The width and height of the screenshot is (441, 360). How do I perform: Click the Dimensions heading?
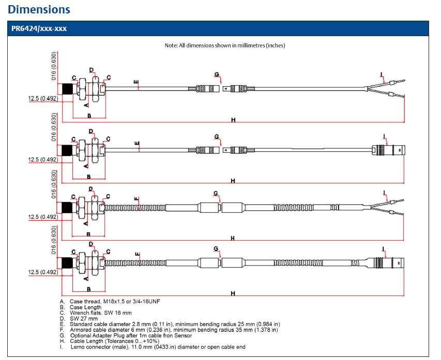click(39, 9)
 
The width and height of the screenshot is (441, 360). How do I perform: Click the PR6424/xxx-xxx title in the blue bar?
click(39, 28)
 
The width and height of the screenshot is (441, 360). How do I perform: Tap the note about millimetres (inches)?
click(225, 45)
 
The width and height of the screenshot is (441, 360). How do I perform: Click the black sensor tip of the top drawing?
click(67, 89)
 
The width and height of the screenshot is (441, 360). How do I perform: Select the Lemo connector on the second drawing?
click(388, 150)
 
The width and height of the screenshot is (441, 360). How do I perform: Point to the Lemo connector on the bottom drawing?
click(385, 263)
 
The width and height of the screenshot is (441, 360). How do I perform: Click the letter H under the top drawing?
click(233, 120)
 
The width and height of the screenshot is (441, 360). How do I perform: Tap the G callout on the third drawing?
click(216, 193)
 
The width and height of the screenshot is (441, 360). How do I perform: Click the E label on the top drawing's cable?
click(136, 82)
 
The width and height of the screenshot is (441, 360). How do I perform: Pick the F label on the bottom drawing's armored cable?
click(137, 254)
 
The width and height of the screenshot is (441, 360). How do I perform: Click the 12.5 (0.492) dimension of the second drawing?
click(43, 160)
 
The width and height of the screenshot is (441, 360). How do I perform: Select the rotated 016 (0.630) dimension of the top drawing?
click(53, 66)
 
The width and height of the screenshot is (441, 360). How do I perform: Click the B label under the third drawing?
click(88, 234)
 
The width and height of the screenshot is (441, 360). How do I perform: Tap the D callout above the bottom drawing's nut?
click(91, 244)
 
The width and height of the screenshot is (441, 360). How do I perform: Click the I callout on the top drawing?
click(382, 74)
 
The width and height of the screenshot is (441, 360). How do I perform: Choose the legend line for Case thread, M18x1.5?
click(110, 302)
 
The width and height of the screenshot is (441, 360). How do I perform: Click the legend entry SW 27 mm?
click(79, 319)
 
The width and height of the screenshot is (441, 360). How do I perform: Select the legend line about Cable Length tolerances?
click(110, 341)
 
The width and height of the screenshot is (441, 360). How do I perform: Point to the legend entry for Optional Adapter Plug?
click(126, 336)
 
